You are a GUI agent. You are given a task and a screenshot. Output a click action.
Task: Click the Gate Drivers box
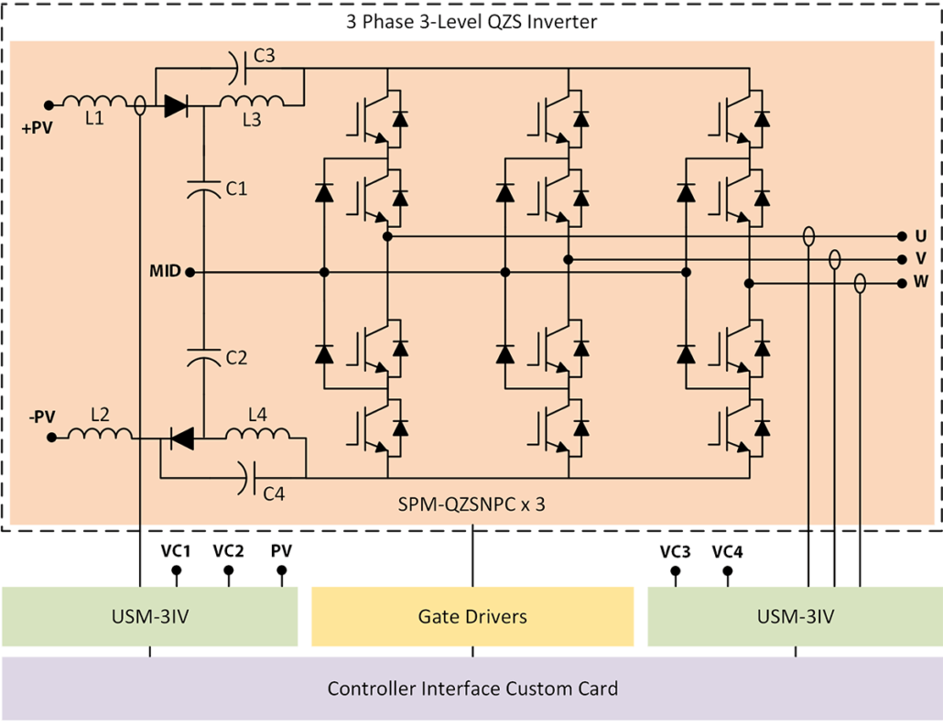[471, 617]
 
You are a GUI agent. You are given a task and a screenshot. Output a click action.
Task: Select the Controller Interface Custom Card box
[471, 688]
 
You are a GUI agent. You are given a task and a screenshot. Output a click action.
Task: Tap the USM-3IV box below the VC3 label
[795, 617]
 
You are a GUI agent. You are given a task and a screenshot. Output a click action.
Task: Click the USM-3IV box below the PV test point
[149, 617]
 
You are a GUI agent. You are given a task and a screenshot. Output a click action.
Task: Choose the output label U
[921, 236]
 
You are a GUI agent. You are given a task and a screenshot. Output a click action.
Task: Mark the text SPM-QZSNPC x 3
[471, 504]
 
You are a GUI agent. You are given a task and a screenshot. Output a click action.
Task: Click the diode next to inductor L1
[176, 105]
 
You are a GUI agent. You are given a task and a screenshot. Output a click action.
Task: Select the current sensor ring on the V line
[834, 260]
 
